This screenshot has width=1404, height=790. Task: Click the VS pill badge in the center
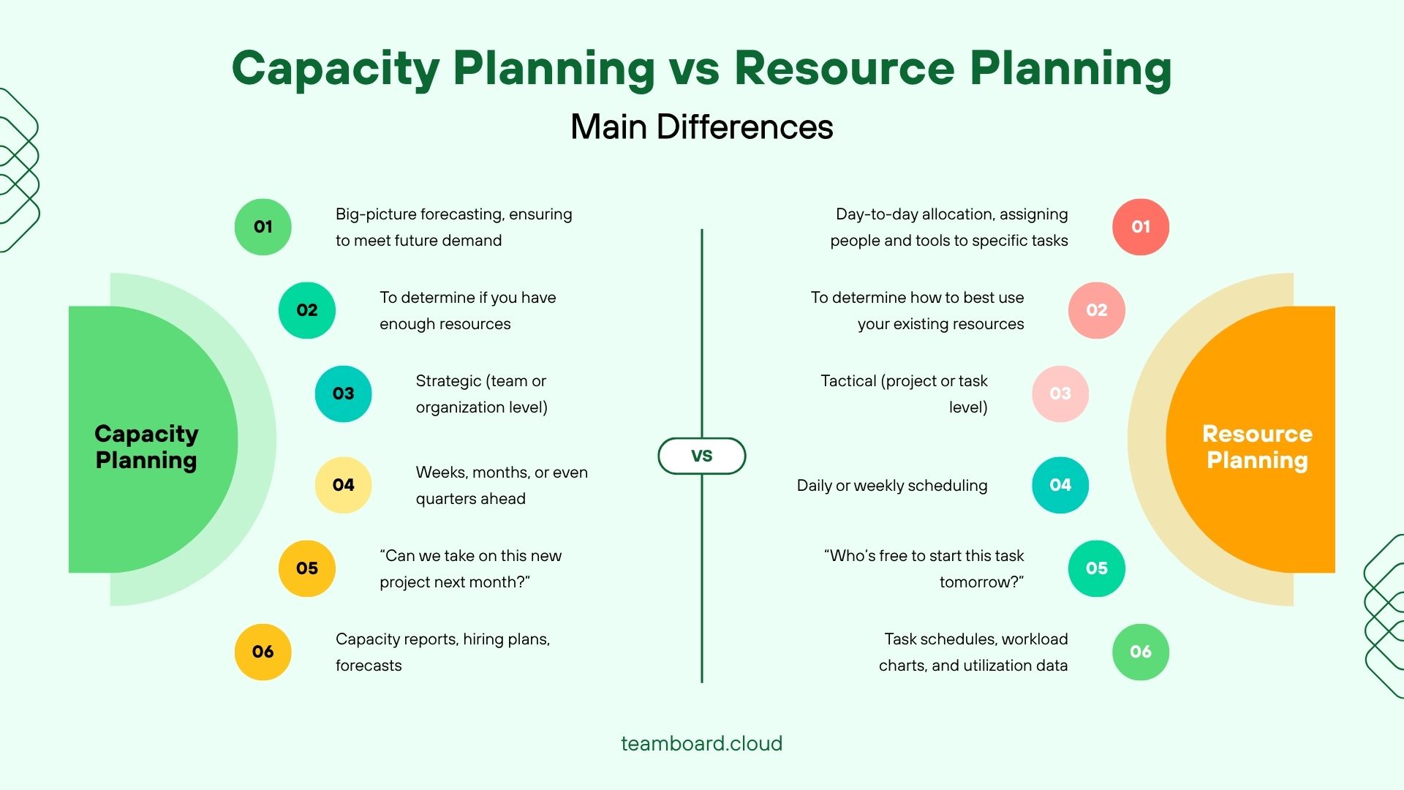tap(701, 456)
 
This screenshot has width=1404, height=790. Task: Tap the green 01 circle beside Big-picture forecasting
tap(263, 227)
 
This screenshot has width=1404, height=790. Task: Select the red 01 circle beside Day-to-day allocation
tap(1140, 227)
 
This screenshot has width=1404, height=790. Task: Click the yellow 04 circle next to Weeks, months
tap(343, 485)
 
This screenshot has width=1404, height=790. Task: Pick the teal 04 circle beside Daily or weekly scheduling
tap(1060, 485)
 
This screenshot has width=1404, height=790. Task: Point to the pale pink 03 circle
tap(1060, 394)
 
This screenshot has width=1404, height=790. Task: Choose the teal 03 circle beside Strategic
tap(343, 394)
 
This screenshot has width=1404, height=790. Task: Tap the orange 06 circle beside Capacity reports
tap(263, 652)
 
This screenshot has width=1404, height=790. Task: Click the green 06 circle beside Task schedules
tap(1140, 652)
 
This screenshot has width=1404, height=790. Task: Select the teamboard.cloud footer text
tap(701, 743)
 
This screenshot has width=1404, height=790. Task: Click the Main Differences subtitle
tap(701, 127)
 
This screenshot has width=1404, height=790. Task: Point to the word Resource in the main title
tap(844, 69)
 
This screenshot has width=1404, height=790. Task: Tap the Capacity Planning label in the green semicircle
tap(146, 447)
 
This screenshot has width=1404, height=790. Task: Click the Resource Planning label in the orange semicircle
tap(1257, 447)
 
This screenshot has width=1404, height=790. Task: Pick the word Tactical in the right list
tap(848, 381)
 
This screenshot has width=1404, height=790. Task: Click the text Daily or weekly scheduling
tap(892, 486)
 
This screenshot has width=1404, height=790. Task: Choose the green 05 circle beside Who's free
tap(1096, 568)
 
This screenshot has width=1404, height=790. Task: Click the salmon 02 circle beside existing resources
tap(1096, 310)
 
